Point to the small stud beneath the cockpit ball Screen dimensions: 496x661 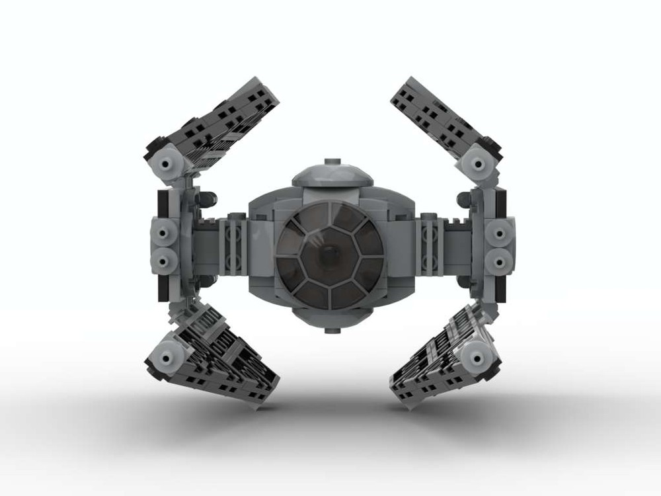[329, 328]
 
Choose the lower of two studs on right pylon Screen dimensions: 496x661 [498, 260]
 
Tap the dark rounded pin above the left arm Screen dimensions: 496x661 [207, 197]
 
